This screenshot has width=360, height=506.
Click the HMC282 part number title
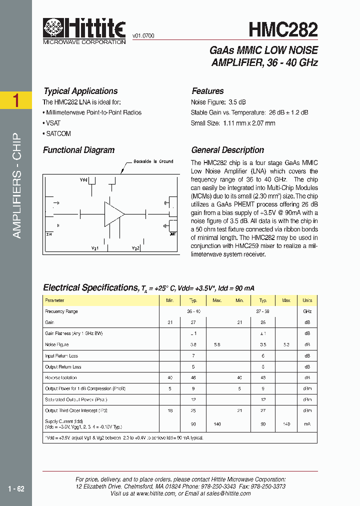tap(283, 29)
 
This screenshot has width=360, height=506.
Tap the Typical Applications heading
tap(80, 91)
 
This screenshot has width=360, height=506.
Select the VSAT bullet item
tap(53, 123)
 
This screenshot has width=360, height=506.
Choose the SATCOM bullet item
tap(58, 133)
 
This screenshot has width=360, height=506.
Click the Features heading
tap(207, 91)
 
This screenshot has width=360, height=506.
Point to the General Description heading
tap(227, 150)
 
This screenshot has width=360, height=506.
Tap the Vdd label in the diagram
tap(83, 179)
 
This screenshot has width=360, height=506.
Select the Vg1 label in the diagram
tap(95, 248)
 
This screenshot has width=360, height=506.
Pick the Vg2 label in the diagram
tap(135, 248)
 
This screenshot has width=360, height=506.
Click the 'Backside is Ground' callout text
tap(153, 161)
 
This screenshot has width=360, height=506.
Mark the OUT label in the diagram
tap(172, 234)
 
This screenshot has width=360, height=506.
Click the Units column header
tap(307, 300)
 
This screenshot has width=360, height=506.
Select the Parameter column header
tap(54, 300)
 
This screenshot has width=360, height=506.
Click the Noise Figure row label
tap(56, 344)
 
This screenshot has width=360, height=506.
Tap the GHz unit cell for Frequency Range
tap(307, 311)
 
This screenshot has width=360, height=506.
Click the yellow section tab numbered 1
tap(16, 100)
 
